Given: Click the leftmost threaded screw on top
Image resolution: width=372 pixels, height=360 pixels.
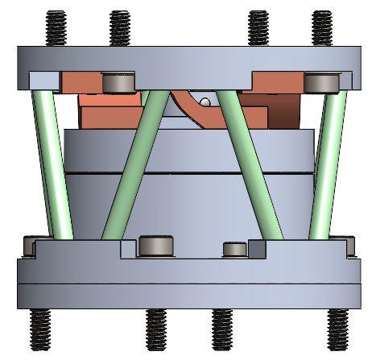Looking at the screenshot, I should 56,29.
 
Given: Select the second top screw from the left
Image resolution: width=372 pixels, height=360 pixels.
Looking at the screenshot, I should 119,29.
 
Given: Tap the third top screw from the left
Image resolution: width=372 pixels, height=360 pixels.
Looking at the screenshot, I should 258,29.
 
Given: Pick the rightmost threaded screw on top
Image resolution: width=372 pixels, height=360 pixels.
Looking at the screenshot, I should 321,29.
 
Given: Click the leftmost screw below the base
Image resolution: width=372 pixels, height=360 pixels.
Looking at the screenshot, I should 39,330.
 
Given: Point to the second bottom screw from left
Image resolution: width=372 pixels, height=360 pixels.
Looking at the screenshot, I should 155,330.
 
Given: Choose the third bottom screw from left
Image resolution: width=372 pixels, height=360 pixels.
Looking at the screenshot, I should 221,330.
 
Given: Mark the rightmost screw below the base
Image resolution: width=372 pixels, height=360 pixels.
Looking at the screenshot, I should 337,330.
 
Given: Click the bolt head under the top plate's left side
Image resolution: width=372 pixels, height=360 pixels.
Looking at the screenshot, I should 119,82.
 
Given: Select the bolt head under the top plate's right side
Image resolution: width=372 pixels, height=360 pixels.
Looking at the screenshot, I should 320,82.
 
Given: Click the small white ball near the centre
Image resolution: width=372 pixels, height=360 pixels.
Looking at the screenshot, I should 206,102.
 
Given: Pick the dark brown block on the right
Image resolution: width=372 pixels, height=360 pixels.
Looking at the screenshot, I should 283,113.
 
